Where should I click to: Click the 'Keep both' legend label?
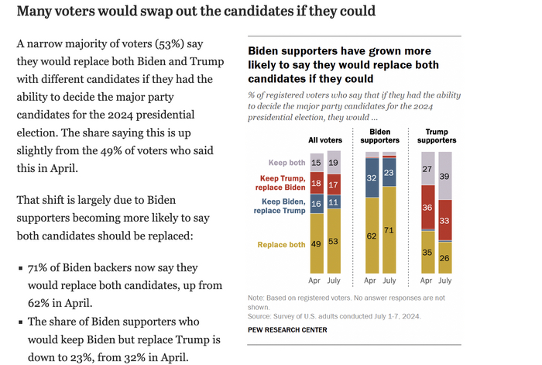(286, 162)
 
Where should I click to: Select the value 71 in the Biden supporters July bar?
(389, 230)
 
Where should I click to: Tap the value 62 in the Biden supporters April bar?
(372, 236)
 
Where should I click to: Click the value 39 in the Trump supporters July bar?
(444, 177)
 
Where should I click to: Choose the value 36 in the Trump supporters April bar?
(427, 208)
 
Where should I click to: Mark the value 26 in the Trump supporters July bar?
(444, 257)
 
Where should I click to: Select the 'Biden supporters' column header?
(380, 136)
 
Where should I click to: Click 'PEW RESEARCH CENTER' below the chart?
(286, 330)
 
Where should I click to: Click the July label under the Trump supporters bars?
(445, 281)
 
